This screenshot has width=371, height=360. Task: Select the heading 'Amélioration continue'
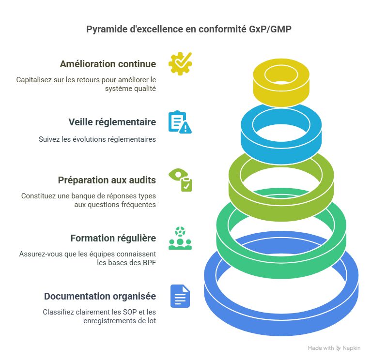[x=108, y=64]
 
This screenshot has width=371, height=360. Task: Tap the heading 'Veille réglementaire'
[x=112, y=122]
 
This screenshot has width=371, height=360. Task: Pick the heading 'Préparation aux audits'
[x=107, y=180]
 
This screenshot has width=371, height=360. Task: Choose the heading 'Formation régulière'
[x=113, y=238]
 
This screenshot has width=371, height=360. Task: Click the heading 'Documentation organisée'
[x=100, y=296]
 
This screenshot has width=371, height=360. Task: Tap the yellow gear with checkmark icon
[x=180, y=63]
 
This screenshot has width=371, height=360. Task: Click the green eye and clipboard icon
[x=180, y=180]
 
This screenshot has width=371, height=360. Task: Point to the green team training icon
[x=180, y=238]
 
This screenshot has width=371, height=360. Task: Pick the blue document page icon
[x=180, y=296]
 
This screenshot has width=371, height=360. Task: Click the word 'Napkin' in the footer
[x=352, y=348]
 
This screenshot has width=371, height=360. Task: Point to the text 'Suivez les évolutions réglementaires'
[x=97, y=139]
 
